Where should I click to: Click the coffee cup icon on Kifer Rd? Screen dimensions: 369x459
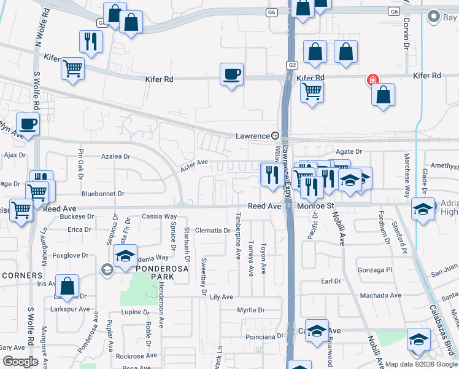[231, 74]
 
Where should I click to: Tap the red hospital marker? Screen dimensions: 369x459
[371, 79]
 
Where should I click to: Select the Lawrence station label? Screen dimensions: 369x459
[253, 136]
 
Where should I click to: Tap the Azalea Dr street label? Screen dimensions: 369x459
[116, 157]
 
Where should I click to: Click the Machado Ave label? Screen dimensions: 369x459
[380, 296]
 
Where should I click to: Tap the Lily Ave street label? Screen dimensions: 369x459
[222, 297]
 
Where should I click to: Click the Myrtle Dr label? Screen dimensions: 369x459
[251, 310]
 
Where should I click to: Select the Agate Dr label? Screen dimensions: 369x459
[349, 151]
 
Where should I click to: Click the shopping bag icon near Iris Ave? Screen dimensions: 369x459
[67, 286]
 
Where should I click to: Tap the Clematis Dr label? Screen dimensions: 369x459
[212, 231]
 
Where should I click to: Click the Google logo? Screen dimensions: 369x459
[20, 361]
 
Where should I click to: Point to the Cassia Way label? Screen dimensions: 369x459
[160, 216]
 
